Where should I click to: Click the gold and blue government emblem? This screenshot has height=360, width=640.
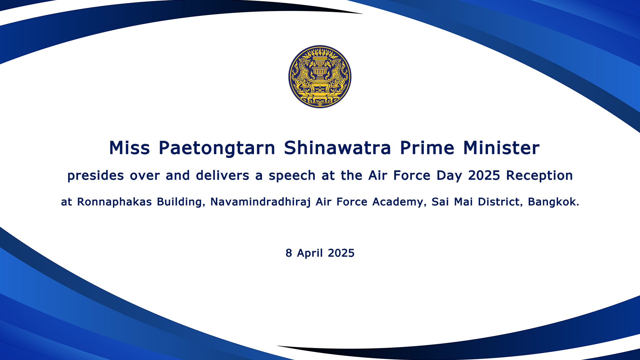tap(320, 77)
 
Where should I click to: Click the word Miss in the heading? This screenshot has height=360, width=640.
tap(129, 148)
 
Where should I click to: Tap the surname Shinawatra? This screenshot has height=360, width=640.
tap(337, 148)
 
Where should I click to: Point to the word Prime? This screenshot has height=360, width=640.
tap(427, 148)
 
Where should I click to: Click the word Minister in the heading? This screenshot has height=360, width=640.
tap(501, 148)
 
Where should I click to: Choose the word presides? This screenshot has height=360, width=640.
tap(96, 176)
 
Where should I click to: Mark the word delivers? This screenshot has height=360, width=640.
tap(222, 175)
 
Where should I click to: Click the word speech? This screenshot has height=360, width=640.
tap(292, 176)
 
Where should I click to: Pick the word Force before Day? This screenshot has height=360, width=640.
tap(412, 175)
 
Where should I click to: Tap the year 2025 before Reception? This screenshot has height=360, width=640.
tap(484, 175)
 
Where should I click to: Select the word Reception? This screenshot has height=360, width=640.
tap(539, 176)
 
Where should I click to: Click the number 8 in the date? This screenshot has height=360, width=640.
tap(289, 253)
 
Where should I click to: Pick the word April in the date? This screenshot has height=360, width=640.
tap(310, 253)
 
